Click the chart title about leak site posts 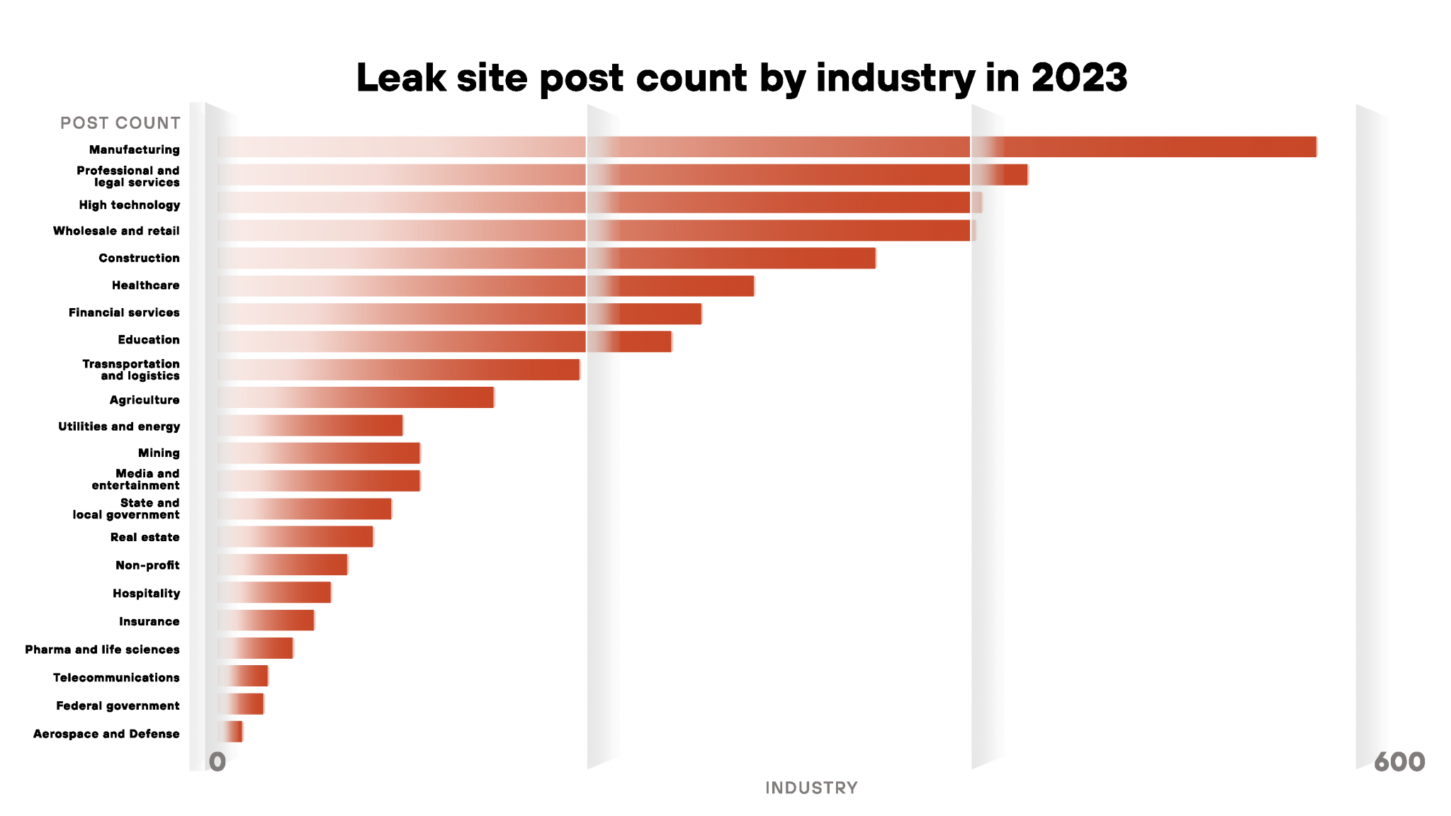[741, 77]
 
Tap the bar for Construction [546, 258]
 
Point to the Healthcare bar [485, 285]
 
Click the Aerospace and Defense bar [231, 732]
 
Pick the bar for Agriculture [356, 397]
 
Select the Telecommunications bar [243, 676]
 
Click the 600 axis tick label [1399, 762]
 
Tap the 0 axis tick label [218, 762]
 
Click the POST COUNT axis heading [120, 123]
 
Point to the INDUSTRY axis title [811, 788]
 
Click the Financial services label [124, 312]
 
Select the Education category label [149, 340]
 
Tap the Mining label [159, 453]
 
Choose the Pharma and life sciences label [102, 650]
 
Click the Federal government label [118, 705]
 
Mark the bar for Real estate [295, 536]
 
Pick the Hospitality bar [274, 592]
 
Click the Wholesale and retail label [116, 231]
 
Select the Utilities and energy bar [310, 426]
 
